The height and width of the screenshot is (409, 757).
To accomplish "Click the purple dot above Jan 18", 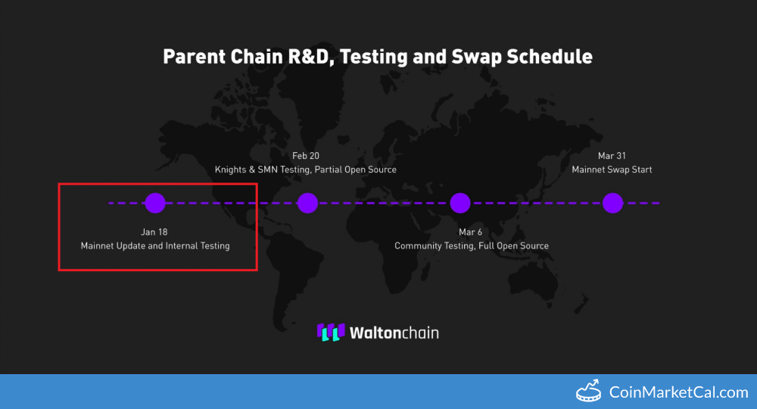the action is pos(155,203).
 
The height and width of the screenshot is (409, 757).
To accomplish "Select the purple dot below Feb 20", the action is pos(307,203).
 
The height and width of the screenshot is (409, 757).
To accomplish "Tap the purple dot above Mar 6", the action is pos(460,203).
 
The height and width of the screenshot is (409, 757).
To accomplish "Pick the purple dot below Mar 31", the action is pos(612,203).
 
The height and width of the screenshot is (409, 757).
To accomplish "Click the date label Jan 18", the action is pos(154,233).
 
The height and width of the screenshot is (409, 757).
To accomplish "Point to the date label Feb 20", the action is pos(306,156).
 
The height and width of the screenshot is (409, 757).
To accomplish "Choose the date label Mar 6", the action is pos(470,233).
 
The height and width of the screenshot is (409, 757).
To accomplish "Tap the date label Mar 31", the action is pos(612,156).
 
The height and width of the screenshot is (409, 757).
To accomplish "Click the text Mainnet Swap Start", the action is pos(612,170).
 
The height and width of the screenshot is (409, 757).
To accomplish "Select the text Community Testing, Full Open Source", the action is pos(472,246).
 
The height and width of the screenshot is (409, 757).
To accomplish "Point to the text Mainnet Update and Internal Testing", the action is pos(155,246).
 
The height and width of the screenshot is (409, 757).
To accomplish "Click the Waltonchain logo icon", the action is pos(331,333).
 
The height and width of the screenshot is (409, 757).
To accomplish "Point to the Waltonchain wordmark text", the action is pos(394,333).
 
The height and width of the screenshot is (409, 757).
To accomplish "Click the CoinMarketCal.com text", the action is pos(679,392).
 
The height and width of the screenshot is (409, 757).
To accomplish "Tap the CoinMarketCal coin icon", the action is pos(588,391).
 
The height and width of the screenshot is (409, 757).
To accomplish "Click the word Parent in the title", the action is pos(194,57).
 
